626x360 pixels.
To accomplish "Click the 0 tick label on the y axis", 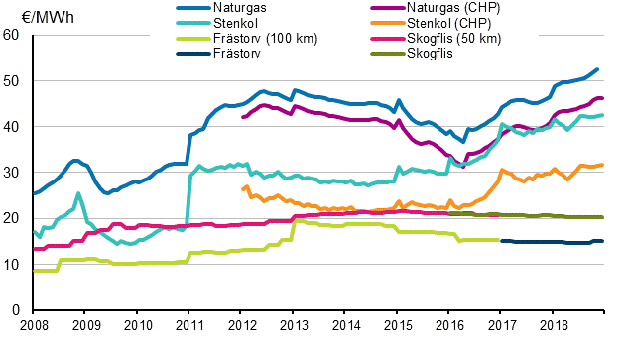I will point(15,310).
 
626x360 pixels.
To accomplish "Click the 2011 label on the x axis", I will point(189,325).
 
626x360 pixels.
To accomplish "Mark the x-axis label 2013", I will point(294,325).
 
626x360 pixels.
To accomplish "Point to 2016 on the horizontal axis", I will point(450,325).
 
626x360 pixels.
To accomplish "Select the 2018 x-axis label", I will point(555,325).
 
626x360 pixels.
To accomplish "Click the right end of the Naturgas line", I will point(597,69).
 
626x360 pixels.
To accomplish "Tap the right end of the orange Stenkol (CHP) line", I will point(601,165).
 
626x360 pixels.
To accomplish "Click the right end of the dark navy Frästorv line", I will point(601,241).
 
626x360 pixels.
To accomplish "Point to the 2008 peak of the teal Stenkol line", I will point(78,193).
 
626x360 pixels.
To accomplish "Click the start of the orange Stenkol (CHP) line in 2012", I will point(242,188).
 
